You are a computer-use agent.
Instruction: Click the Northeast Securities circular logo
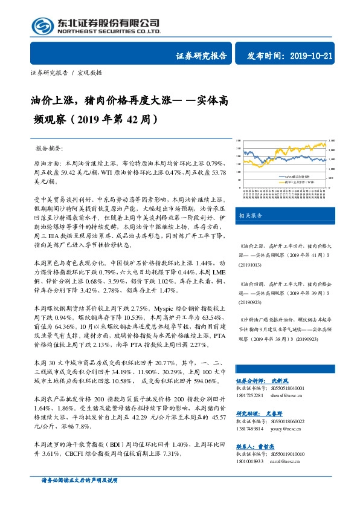(42, 25)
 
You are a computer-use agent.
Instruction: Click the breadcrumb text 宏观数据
(91, 73)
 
